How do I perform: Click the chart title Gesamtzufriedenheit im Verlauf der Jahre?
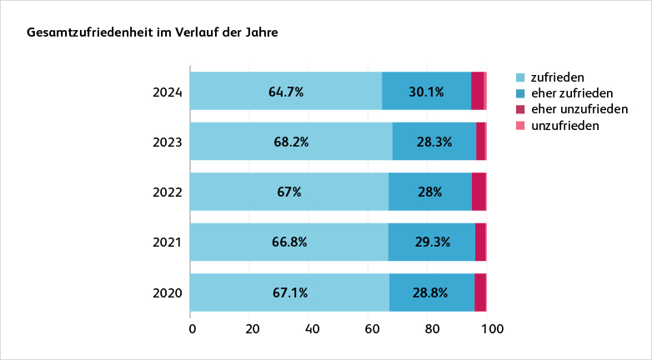(x=153, y=33)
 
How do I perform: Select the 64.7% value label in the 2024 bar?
(x=286, y=92)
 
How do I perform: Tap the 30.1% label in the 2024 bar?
(x=426, y=92)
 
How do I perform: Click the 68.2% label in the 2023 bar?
(x=291, y=142)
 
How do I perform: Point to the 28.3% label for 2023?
(x=434, y=142)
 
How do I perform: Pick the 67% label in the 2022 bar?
(x=289, y=192)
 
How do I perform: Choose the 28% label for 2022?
(x=430, y=192)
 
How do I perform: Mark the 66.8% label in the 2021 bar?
(x=289, y=242)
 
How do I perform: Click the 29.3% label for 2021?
(x=432, y=242)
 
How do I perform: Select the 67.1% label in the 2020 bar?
(x=290, y=292)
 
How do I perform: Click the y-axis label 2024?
(x=168, y=92)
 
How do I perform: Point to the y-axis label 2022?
(x=168, y=192)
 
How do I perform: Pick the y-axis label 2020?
(x=168, y=293)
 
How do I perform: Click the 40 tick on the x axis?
(x=313, y=329)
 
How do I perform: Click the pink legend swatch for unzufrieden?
(x=521, y=126)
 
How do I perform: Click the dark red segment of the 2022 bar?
(x=479, y=192)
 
